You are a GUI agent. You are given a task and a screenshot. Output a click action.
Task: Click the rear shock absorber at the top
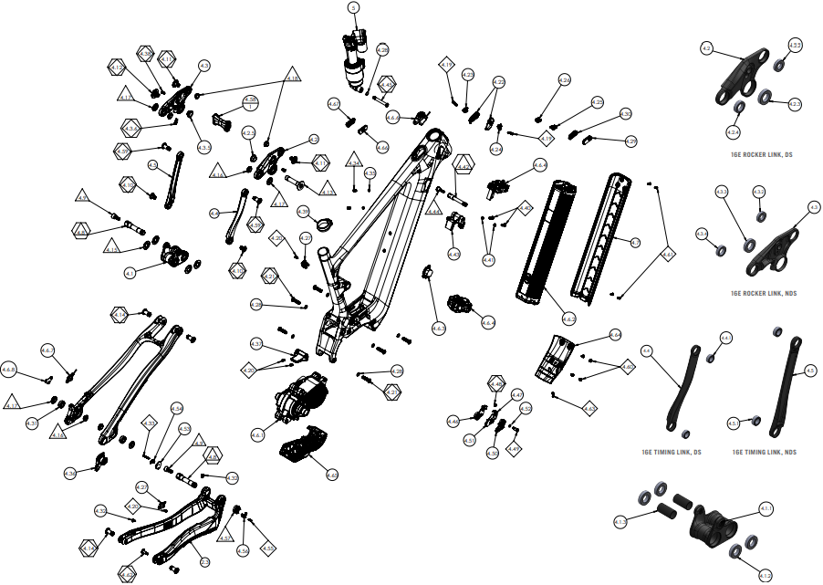354,55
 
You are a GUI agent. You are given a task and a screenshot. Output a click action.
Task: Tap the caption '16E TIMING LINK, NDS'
764,452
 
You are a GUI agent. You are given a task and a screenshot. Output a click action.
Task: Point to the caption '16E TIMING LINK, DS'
671,452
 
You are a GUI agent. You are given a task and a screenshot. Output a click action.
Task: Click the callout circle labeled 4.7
636,242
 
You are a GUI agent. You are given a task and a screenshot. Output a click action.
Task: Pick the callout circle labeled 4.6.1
257,434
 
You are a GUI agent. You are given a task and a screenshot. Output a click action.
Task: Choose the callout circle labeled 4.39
303,211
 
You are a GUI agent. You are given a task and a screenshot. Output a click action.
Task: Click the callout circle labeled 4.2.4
733,132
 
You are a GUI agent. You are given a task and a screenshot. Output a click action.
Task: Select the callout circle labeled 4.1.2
620,522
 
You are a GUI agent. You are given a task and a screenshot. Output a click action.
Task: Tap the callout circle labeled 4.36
69,474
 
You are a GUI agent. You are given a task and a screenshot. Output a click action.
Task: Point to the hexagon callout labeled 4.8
80,232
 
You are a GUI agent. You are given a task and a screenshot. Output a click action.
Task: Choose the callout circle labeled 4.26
564,80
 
